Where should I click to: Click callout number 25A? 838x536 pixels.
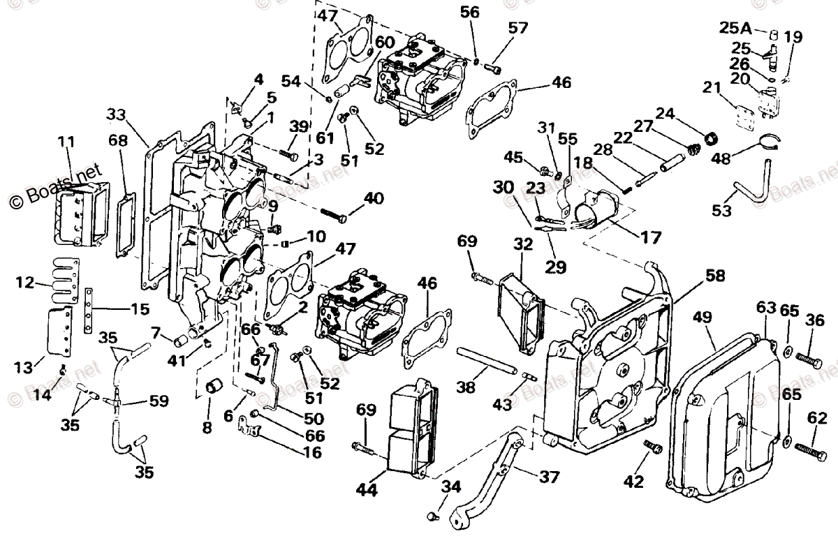coord(736,29)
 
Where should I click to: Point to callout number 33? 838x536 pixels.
coord(118,114)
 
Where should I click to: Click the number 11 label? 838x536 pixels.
coord(66,142)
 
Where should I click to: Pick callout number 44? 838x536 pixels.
coord(366,491)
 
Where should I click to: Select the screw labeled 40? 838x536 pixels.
coord(335,215)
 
